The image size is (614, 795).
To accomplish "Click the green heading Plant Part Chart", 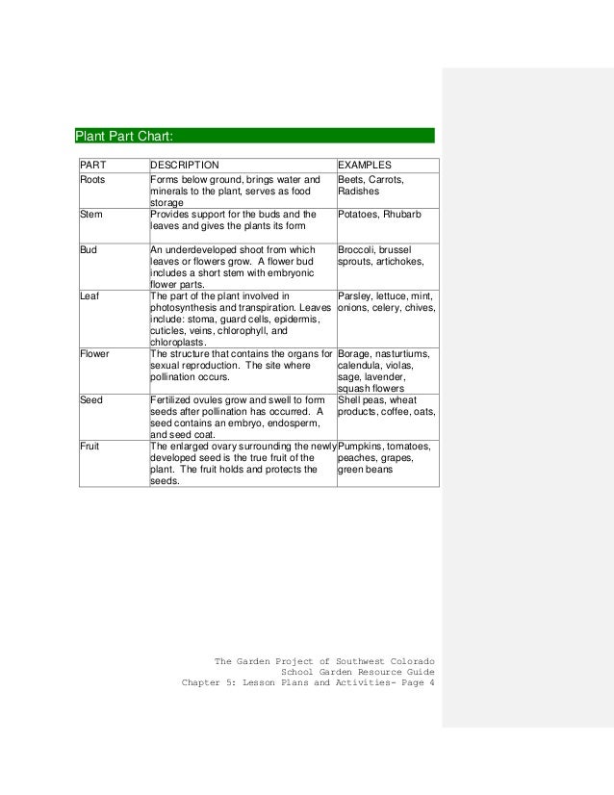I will pyautogui.click(x=124, y=136).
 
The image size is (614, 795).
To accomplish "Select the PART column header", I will pyautogui.click(x=92, y=165).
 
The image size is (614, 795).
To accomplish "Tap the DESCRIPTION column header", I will pyautogui.click(x=185, y=165).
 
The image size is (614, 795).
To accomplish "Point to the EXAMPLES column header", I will pyautogui.click(x=364, y=165).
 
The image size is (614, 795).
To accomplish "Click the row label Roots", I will pyautogui.click(x=93, y=179).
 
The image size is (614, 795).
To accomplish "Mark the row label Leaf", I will pyautogui.click(x=90, y=295).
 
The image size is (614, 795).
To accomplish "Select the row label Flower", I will pyautogui.click(x=94, y=353).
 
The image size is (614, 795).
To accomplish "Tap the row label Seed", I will pyautogui.click(x=90, y=399).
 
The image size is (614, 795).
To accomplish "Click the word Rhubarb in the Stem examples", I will pyautogui.click(x=403, y=215).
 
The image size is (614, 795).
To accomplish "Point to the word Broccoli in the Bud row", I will pyautogui.click(x=358, y=249).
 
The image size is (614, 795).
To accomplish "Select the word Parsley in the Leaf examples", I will pyautogui.click(x=356, y=295).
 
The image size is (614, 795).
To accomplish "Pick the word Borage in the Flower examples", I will pyautogui.click(x=356, y=353).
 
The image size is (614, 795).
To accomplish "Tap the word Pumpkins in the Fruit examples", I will pyautogui.click(x=362, y=447).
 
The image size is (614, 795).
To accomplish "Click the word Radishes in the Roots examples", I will pyautogui.click(x=359, y=191).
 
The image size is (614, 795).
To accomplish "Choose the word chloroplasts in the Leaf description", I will pyautogui.click(x=177, y=342).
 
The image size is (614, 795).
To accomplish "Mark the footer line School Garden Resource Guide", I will pyautogui.click(x=357, y=673).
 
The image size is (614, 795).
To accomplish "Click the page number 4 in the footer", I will pyautogui.click(x=431, y=684).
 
